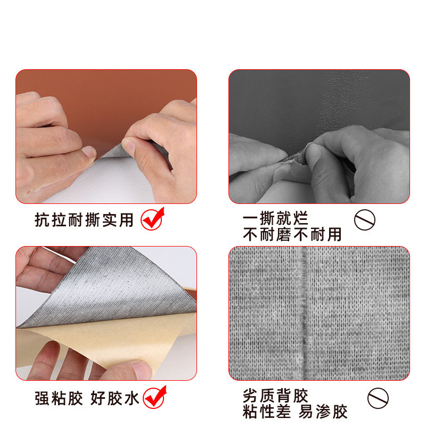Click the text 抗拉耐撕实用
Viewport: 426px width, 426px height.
84,220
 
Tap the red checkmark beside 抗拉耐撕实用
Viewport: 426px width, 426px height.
153,218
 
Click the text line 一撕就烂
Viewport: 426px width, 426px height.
275,218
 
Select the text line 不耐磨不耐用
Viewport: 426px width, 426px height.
292,234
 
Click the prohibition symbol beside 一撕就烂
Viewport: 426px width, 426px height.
365,219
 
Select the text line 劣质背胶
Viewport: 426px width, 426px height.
275,396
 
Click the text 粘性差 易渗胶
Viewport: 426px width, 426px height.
295,412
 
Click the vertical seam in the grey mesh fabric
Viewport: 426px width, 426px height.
304,314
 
